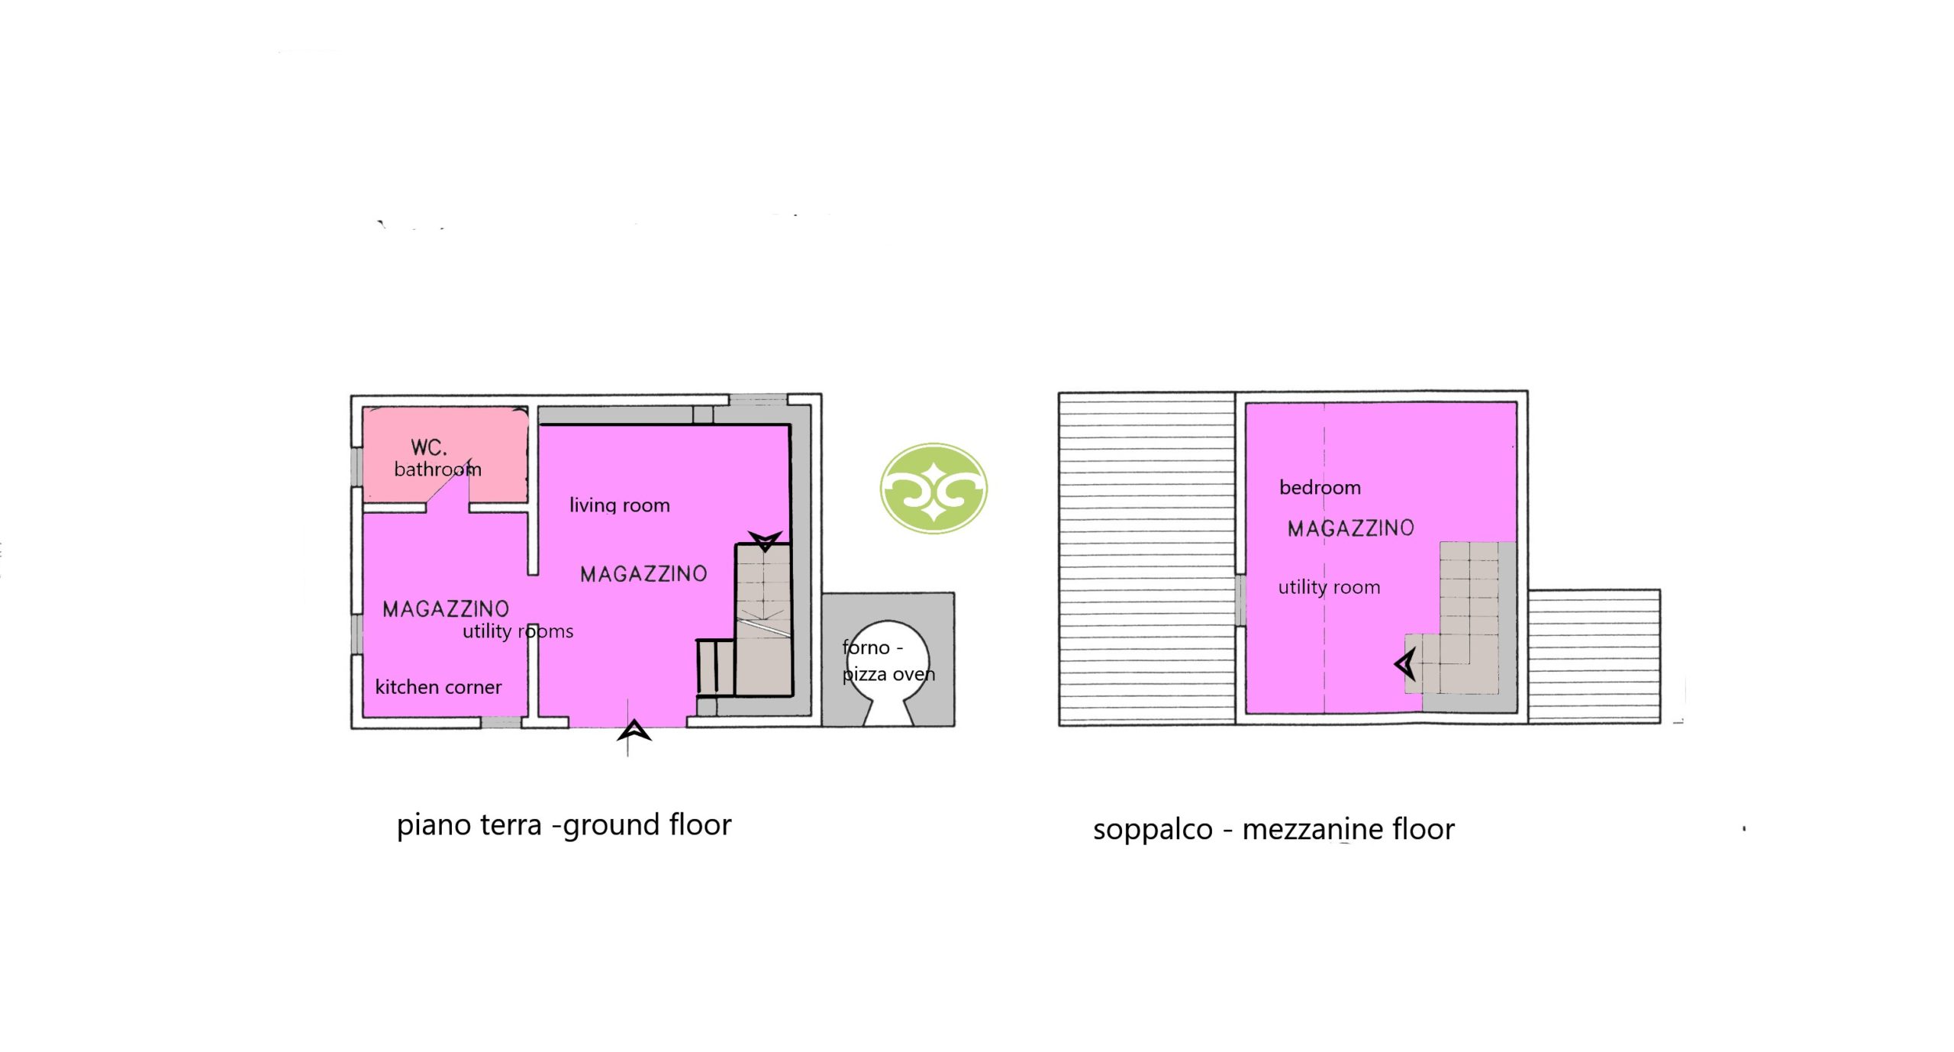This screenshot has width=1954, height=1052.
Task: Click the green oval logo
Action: point(933,488)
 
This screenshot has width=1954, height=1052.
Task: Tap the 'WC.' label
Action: point(428,447)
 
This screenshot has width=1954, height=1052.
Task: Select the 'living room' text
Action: point(619,505)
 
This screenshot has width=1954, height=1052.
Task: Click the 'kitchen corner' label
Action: point(438,687)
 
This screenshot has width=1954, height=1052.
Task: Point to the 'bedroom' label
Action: point(1320,487)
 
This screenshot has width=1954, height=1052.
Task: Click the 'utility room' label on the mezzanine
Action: point(1329,587)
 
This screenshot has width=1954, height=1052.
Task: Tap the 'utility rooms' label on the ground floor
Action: point(518,631)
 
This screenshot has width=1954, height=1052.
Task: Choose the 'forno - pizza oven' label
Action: point(888,660)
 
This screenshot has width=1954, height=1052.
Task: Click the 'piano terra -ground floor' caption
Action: point(564,824)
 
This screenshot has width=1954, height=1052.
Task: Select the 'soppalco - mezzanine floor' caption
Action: point(1274,829)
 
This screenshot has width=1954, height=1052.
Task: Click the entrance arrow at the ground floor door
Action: point(634,731)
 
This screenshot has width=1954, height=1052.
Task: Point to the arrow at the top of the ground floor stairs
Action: point(765,541)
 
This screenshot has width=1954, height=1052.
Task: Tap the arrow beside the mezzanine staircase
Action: point(1405,663)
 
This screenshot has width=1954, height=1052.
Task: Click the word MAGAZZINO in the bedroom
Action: point(1350,528)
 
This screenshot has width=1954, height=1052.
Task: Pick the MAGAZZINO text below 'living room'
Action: point(643,574)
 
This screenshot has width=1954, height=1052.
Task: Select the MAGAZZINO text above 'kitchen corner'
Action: point(446,609)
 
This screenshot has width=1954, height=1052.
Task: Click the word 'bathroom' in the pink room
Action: point(437,469)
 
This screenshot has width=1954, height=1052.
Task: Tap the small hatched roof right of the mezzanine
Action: point(1594,656)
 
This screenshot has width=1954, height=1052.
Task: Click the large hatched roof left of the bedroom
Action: point(1146,558)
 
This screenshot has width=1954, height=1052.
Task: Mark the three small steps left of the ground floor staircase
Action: point(716,667)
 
